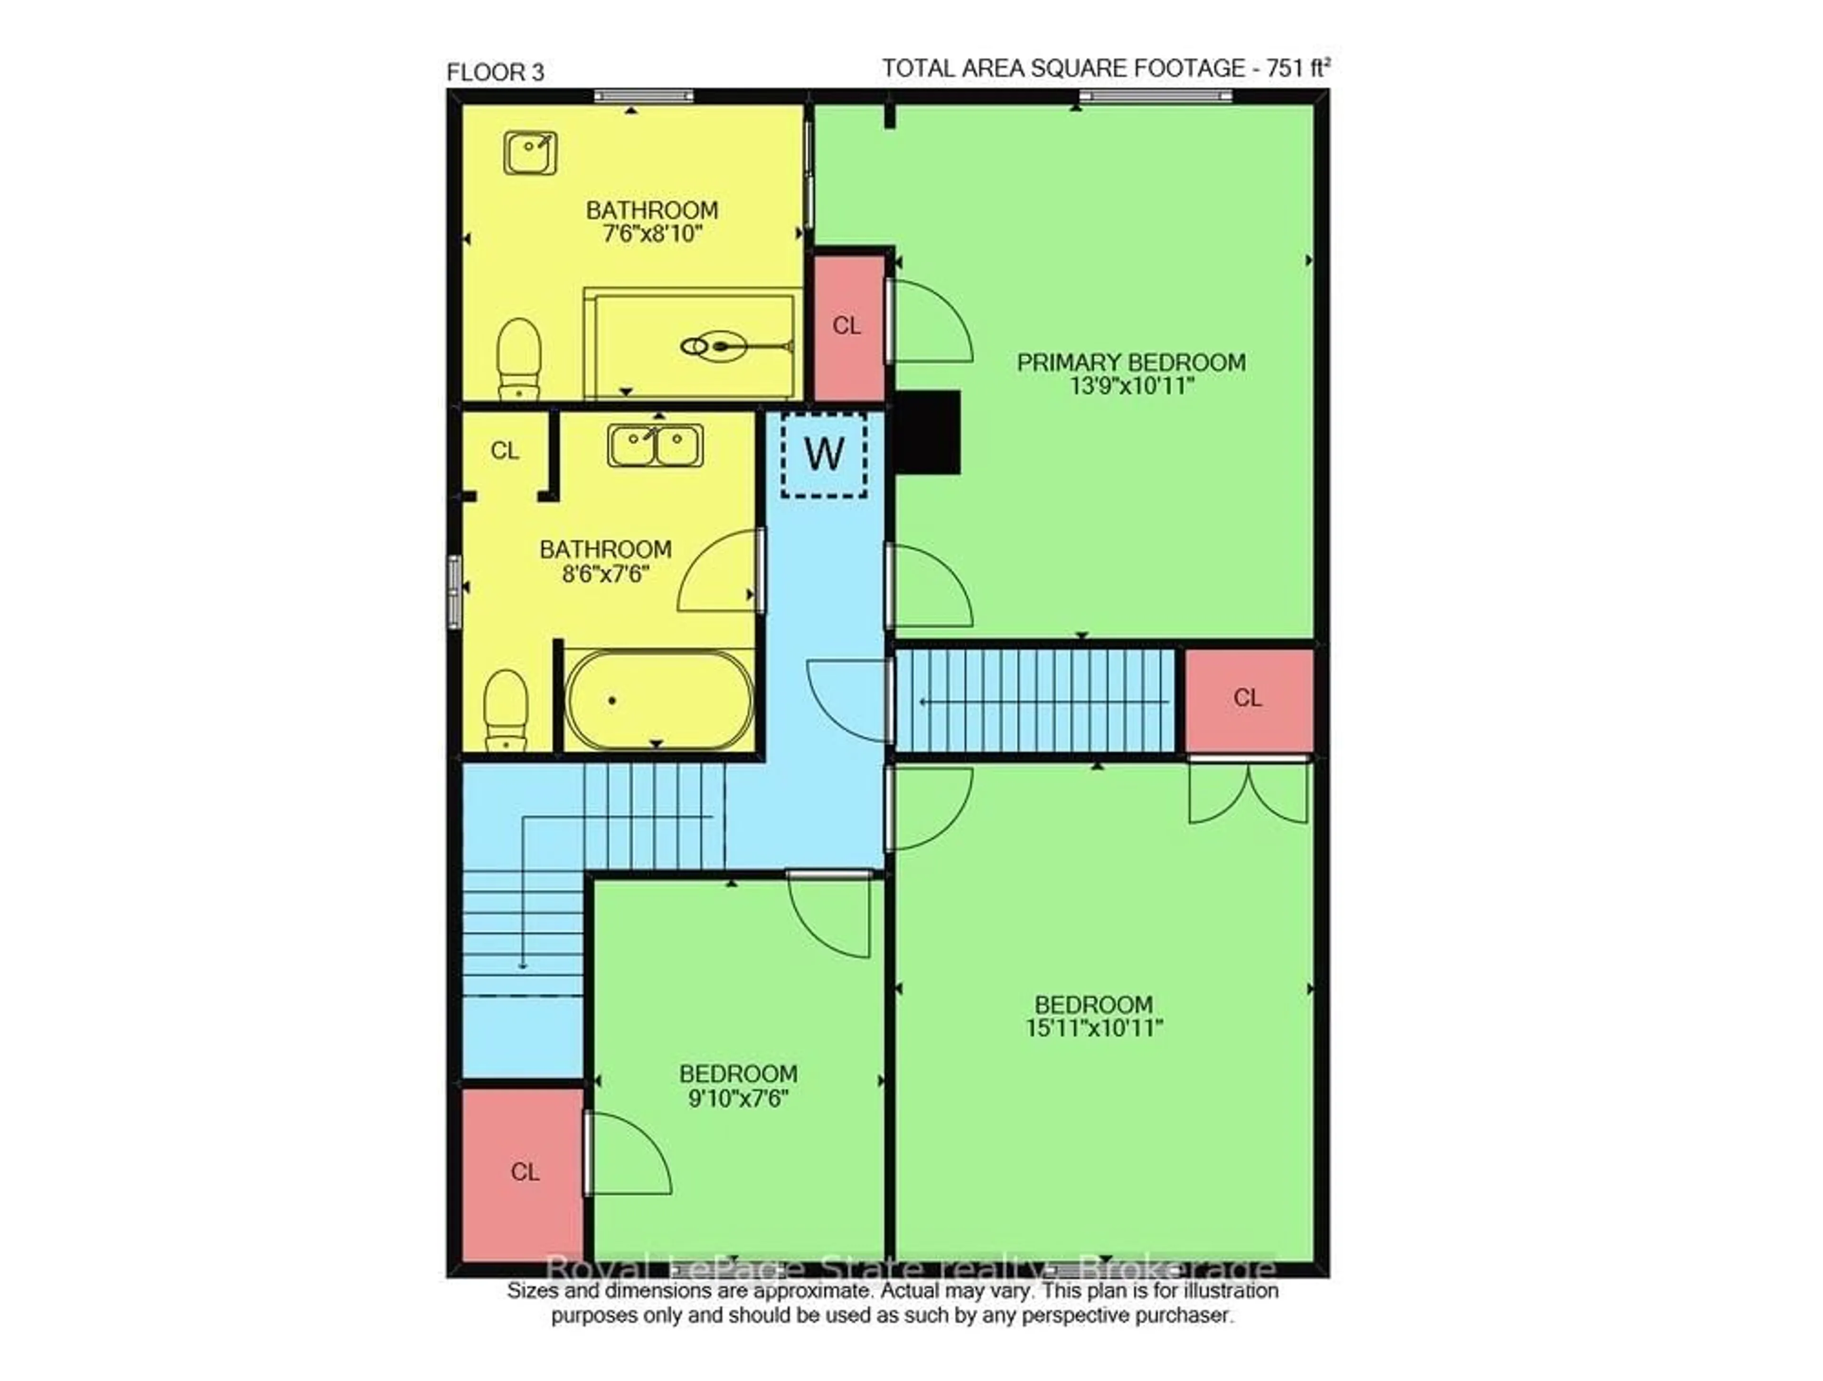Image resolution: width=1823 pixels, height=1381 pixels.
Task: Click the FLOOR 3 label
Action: [x=495, y=73]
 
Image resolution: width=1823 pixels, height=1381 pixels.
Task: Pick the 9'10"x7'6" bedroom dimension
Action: [x=738, y=1098]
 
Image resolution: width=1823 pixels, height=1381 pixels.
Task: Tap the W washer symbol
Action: [x=824, y=454]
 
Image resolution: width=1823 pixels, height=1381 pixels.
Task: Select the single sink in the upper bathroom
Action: [x=530, y=153]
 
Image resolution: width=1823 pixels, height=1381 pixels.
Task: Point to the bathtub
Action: [x=658, y=700]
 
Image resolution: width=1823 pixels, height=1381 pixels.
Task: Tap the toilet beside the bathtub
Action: [x=505, y=709]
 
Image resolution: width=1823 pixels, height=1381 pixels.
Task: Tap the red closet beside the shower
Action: [x=848, y=326]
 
